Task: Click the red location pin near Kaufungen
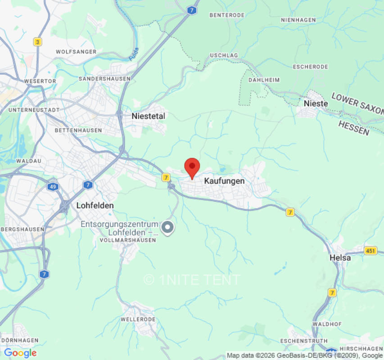[x=192, y=168]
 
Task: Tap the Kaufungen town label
[x=224, y=181]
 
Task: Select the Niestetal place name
[x=148, y=116]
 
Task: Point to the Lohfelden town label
[x=95, y=205]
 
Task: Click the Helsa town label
[x=340, y=258]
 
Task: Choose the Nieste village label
[x=316, y=103]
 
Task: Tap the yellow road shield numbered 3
[x=37, y=42]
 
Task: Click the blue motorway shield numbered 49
[x=54, y=186]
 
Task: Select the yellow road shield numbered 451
[x=370, y=251]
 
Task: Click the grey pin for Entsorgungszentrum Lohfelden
[x=168, y=227]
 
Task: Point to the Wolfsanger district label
[x=76, y=52]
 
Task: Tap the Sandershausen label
[x=104, y=79]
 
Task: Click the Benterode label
[x=227, y=15]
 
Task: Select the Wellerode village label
[x=138, y=319]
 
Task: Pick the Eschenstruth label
[x=303, y=341]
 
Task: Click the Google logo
[x=20, y=353]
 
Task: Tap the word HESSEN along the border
[x=353, y=128]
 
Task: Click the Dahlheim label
[x=264, y=80]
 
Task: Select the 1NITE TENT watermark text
[x=192, y=279]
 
